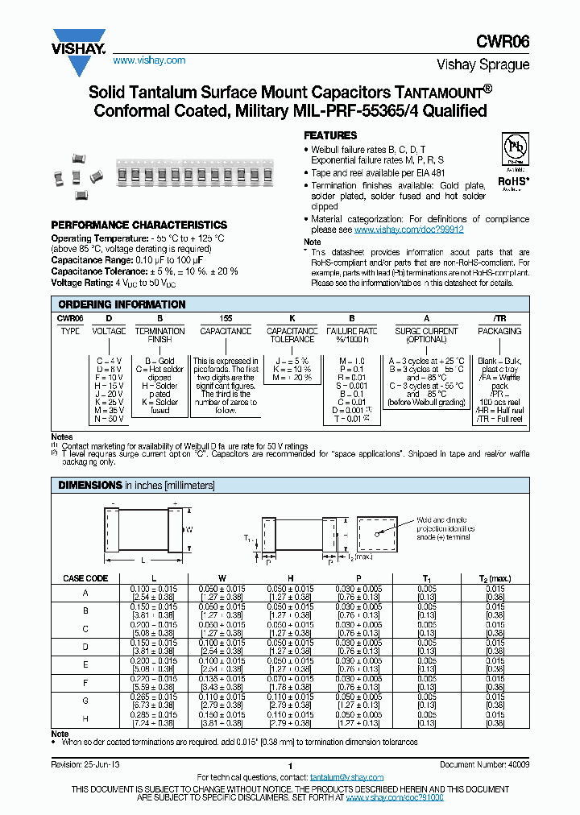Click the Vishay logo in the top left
(x=79, y=41)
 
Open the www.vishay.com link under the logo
(x=149, y=60)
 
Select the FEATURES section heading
(x=330, y=135)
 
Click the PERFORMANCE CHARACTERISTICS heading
(x=139, y=225)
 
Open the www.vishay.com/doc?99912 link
(x=408, y=230)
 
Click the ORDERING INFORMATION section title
(x=122, y=304)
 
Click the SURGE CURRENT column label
(x=426, y=331)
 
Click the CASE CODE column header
(x=85, y=578)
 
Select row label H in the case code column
(x=85, y=718)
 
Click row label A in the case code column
(x=85, y=593)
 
